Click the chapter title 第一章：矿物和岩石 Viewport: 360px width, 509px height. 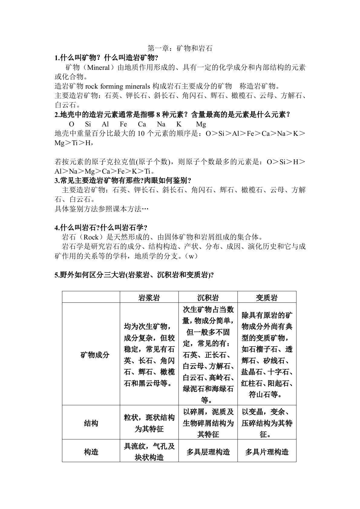[180, 48]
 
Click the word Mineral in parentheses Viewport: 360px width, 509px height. [98, 67]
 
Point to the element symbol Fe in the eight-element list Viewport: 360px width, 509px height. [123, 124]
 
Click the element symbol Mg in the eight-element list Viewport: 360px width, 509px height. [201, 124]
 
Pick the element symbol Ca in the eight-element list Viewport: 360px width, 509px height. [142, 124]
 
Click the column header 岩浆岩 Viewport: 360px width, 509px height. [149, 298]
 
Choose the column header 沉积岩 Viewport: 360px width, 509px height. [208, 298]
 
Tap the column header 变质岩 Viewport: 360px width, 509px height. [267, 298]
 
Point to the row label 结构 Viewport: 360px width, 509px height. [91, 423]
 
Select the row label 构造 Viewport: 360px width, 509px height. [91, 452]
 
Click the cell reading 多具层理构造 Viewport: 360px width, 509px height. [208, 452]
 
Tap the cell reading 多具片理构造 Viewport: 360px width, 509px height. [267, 452]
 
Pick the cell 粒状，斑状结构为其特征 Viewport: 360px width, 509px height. [149, 423]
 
